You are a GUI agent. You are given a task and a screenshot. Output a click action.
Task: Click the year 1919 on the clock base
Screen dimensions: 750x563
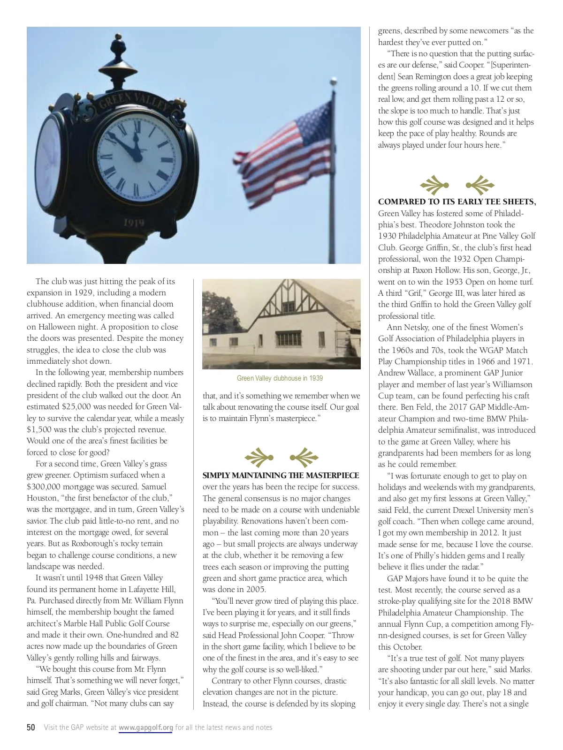(x=134, y=222)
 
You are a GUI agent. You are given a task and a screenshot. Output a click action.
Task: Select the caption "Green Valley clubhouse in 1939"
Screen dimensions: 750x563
(x=280, y=378)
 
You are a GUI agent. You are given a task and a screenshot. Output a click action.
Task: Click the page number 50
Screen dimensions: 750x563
(x=31, y=727)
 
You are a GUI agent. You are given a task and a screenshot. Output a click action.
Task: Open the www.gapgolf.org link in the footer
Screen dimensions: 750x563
(x=145, y=727)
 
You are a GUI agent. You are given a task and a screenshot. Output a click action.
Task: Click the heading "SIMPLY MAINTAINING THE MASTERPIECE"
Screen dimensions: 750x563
(x=281, y=475)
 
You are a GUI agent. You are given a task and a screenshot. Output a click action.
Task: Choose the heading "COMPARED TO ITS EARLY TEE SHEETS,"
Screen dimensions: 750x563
(x=457, y=202)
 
